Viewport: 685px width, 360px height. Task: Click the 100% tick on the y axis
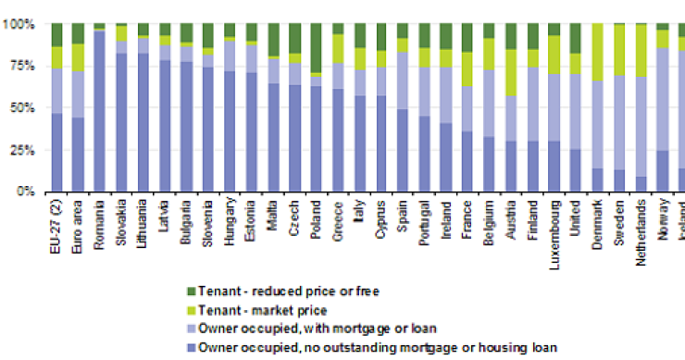(19, 24)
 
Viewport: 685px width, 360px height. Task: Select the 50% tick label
(20, 108)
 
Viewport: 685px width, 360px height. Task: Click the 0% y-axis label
(24, 192)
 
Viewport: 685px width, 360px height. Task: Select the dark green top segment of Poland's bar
(317, 47)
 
